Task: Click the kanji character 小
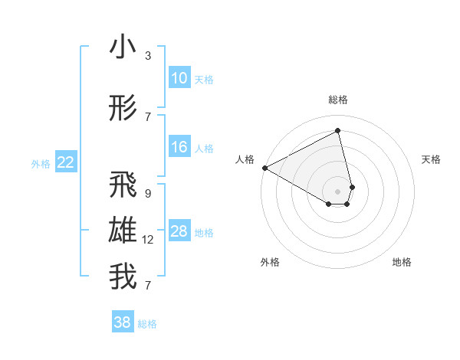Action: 123,47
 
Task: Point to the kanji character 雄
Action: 123,231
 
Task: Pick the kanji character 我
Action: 123,277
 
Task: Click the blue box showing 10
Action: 179,78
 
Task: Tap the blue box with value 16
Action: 179,147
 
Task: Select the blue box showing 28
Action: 179,231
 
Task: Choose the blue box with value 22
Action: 66,162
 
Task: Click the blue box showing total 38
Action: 123,322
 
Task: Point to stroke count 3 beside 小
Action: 148,56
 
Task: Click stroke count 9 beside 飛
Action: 148,194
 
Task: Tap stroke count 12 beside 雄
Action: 148,240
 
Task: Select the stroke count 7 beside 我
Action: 147,286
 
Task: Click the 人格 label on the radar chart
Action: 245,159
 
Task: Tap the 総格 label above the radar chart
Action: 338,100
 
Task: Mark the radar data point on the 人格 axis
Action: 264,168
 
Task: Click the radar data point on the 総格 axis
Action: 338,131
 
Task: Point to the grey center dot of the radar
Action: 338,190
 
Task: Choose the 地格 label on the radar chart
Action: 402,262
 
